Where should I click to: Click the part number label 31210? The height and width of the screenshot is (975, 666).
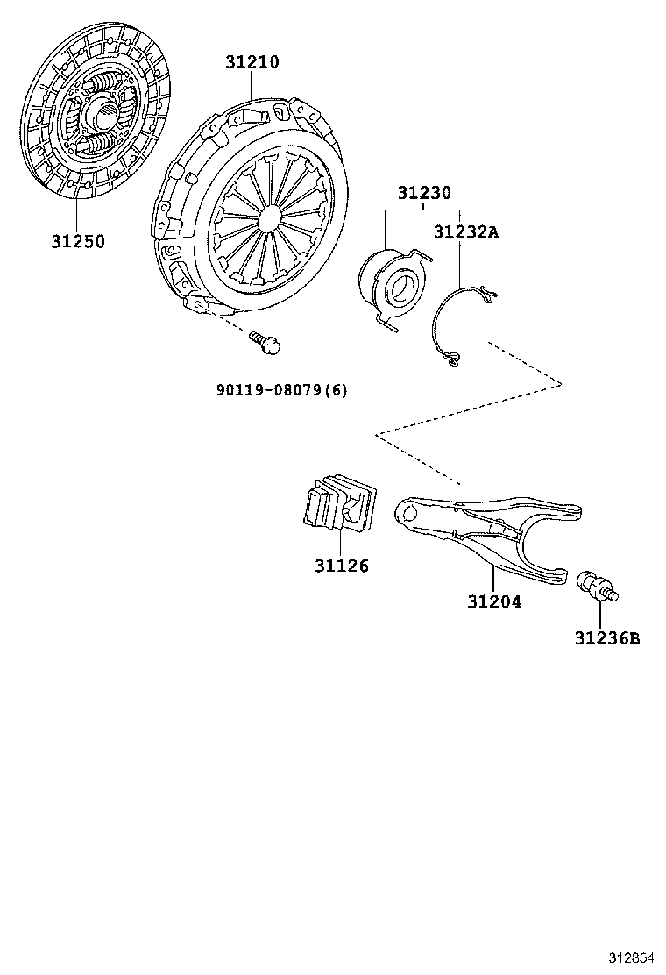252,62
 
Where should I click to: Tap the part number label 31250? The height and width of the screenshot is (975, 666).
78,241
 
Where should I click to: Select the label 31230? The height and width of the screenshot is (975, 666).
424,193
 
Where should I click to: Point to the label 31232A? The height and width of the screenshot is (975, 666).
466,232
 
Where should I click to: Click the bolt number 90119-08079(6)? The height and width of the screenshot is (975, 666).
282,390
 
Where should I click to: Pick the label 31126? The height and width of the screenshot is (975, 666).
341,566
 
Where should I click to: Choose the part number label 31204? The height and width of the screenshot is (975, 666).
494,601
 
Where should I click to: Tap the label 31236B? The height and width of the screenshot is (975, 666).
607,638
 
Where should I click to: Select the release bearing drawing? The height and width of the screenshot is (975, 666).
394,284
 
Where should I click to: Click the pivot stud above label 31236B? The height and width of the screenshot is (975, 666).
598,587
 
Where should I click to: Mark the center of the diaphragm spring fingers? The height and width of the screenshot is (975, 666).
270,216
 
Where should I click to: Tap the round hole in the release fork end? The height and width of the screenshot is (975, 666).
408,513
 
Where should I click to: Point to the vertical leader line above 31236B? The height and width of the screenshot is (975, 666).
600,616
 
